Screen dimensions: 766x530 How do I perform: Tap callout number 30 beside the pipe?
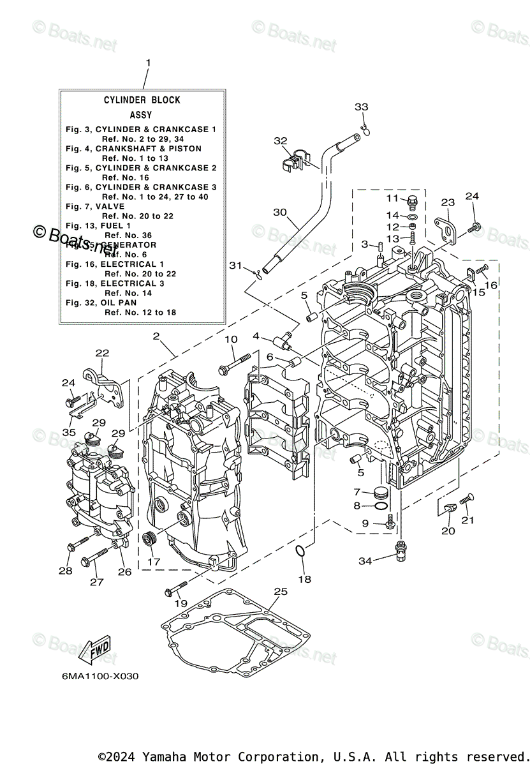280,213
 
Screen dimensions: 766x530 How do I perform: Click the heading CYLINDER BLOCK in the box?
142,100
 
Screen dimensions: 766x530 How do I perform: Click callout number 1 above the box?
148,63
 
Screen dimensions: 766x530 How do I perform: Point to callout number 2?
156,336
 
